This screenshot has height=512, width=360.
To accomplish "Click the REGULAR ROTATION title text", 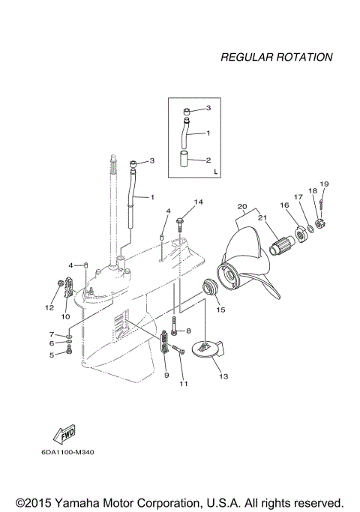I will pyautogui.click(x=276, y=57).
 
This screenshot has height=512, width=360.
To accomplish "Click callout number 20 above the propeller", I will pyautogui.click(x=241, y=206).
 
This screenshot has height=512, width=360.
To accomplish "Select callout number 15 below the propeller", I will pyautogui.click(x=220, y=308).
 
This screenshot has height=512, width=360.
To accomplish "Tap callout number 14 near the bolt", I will pyautogui.click(x=199, y=202).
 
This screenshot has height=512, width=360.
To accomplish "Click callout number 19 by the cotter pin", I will pyautogui.click(x=324, y=184).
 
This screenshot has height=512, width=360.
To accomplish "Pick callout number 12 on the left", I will pyautogui.click(x=49, y=307).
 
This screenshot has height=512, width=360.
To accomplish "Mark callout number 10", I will pyautogui.click(x=65, y=317).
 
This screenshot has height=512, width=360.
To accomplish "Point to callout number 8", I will pyautogui.click(x=188, y=331).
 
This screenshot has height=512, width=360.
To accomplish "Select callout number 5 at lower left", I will pyautogui.click(x=52, y=355).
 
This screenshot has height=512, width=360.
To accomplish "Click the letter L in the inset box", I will pyautogui.click(x=215, y=172).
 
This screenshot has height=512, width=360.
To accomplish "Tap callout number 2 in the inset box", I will pyautogui.click(x=209, y=160).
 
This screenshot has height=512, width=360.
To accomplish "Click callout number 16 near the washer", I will pyautogui.click(x=284, y=204).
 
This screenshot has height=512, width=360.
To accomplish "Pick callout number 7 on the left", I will pyautogui.click(x=52, y=334).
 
